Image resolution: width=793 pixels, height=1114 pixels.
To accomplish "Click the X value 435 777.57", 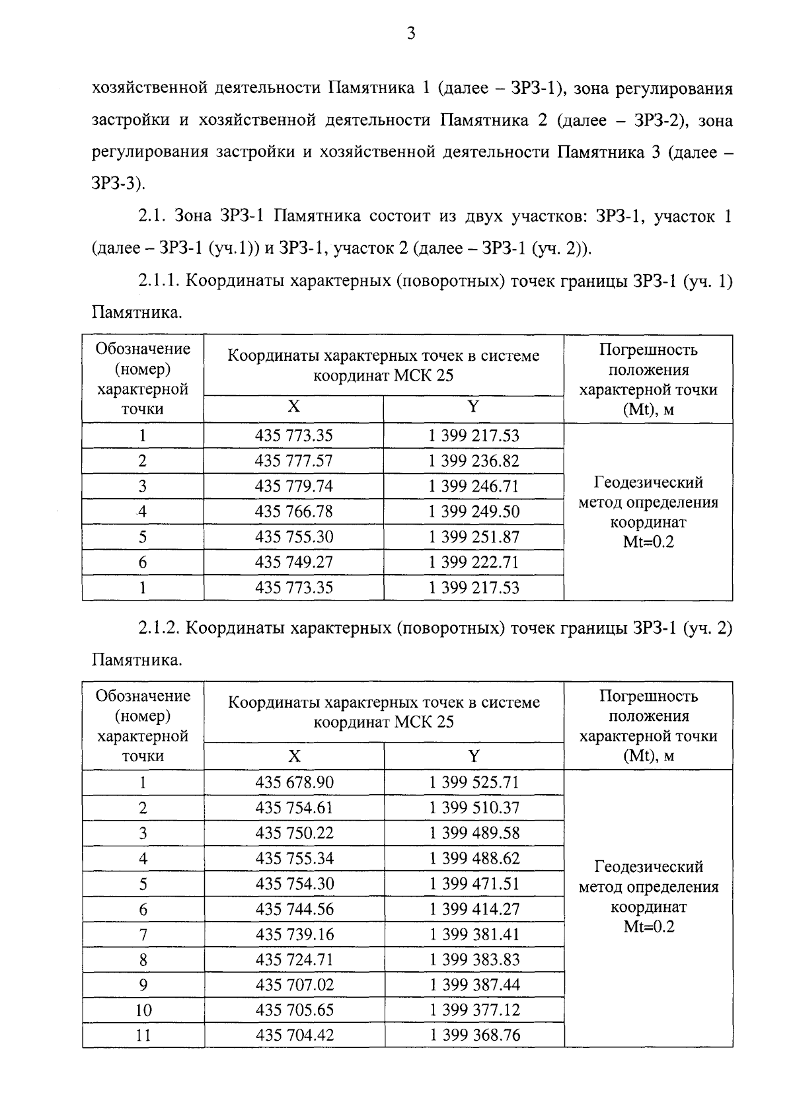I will click(x=293, y=461).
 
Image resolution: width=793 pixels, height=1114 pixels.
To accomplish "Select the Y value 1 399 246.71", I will click(x=473, y=487).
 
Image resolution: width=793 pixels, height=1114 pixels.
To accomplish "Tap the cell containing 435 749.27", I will click(x=293, y=562).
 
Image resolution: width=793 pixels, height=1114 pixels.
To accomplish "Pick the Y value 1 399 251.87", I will click(x=473, y=537).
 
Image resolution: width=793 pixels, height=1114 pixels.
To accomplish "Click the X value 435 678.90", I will click(x=294, y=783).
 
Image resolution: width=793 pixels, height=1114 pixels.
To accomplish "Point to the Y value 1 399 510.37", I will click(x=474, y=808).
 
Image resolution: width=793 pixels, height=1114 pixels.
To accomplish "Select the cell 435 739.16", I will click(x=294, y=935).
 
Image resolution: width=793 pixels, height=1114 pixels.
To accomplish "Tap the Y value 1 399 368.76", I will click(x=474, y=1035).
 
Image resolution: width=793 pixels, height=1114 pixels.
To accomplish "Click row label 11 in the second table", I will click(x=143, y=1035).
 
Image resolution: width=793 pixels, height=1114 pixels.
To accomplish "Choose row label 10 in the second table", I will click(x=143, y=1010).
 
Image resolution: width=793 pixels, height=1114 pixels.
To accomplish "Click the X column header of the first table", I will click(x=293, y=407).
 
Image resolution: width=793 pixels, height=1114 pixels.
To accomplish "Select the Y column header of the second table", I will click(x=474, y=757).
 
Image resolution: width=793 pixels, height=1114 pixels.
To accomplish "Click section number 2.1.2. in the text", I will click(x=159, y=628).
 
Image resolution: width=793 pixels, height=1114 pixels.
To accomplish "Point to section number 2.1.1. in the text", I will click(x=159, y=281).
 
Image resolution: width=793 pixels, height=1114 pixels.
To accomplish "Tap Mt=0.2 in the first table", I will click(x=648, y=543).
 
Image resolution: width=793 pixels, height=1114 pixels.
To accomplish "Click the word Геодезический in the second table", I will click(x=648, y=867).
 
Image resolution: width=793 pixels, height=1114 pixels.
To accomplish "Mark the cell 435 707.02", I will click(x=294, y=985).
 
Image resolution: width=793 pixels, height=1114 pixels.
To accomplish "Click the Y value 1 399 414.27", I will click(x=474, y=910).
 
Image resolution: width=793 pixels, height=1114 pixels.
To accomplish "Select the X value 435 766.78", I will click(x=293, y=512).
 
